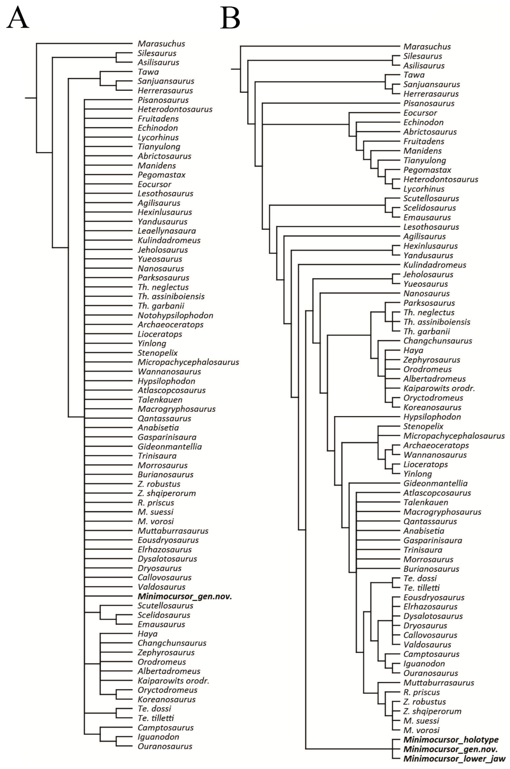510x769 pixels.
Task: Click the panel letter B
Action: [230, 18]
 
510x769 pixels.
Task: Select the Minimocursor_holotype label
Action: [451, 740]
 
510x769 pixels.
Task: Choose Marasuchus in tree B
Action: [427, 46]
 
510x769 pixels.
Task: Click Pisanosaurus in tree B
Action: [429, 103]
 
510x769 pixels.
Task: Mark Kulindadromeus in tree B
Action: [435, 265]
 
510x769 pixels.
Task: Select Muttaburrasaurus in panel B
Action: [439, 683]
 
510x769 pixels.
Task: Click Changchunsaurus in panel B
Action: [437, 341]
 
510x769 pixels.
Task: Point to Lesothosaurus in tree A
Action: [165, 193]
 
